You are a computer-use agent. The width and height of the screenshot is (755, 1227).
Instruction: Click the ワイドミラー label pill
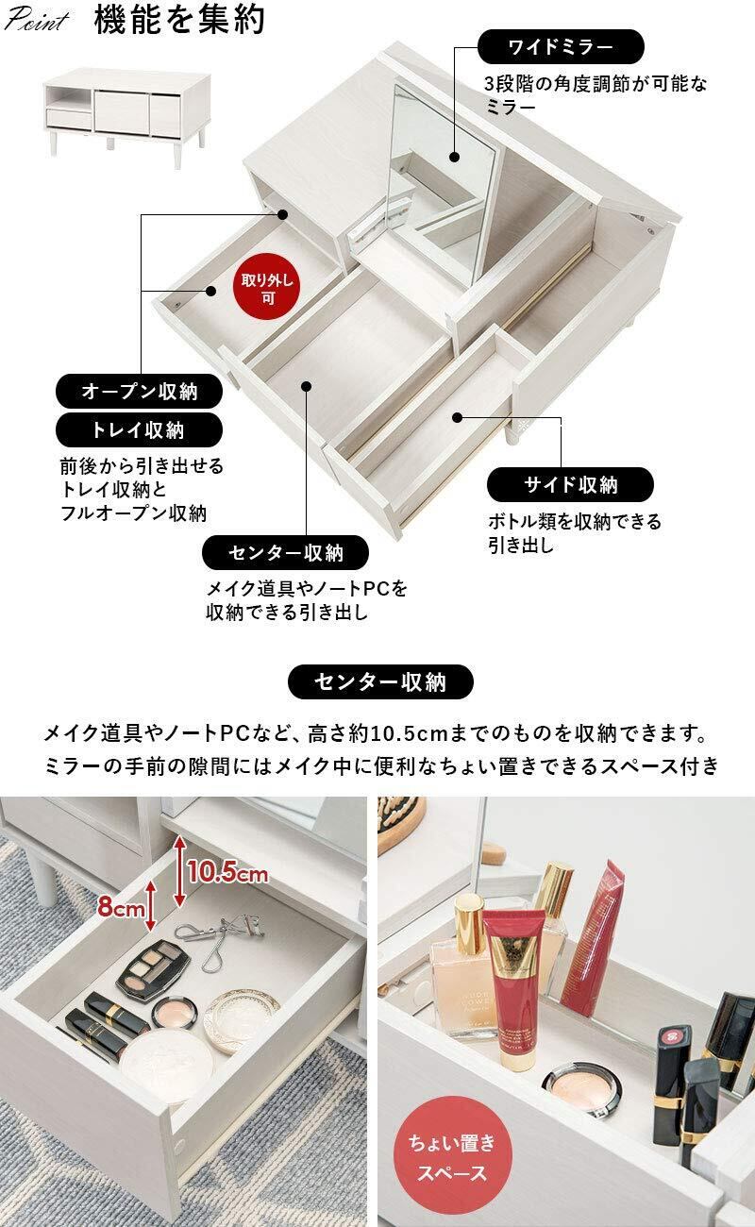pos(561,47)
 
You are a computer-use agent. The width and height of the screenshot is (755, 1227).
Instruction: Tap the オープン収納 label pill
pos(139,391)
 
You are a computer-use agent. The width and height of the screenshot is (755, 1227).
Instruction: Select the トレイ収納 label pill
pos(139,430)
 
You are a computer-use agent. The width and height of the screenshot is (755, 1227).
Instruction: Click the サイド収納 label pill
pos(570,485)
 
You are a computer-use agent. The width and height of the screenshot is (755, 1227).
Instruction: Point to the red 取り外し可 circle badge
pos(267,289)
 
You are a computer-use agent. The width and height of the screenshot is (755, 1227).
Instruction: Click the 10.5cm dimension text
pos(227,871)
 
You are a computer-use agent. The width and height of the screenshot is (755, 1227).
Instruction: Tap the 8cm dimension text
pos(122,907)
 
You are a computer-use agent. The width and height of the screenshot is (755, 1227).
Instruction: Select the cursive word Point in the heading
pos(36,20)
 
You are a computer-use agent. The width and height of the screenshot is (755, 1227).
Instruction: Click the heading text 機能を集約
pos(179,20)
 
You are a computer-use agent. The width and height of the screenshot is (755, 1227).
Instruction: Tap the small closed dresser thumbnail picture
pos(127,112)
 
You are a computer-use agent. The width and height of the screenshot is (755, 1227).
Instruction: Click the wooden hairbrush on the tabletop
pos(401,821)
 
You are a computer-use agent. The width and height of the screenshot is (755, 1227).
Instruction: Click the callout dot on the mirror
pos(454,157)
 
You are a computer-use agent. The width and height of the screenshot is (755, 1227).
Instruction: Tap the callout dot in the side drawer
pos(458,418)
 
